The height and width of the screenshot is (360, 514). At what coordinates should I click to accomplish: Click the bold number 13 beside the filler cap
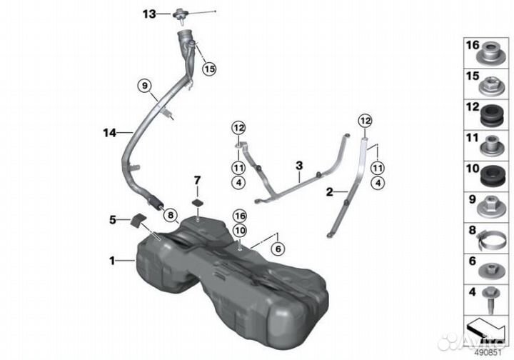[x=149, y=14]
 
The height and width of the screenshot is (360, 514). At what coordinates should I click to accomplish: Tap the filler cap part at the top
[x=181, y=15]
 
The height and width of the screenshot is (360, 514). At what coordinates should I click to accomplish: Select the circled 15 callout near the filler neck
[x=209, y=69]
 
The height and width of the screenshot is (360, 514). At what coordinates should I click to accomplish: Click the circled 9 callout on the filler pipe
[x=145, y=86]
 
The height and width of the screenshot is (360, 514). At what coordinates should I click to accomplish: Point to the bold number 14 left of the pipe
[x=110, y=133]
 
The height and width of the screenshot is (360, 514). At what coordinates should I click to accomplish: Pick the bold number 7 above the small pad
[x=197, y=180]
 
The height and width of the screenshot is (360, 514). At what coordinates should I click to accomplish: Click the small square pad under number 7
[x=198, y=203]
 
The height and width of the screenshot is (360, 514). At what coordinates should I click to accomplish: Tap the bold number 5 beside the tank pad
[x=113, y=220]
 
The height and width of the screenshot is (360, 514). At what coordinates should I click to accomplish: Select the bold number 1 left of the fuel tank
[x=113, y=261]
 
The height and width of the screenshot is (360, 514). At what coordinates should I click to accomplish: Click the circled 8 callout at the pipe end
[x=171, y=215]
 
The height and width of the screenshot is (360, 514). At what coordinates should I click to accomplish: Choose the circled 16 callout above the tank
[x=240, y=216]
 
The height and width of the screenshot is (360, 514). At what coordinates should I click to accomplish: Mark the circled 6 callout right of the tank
[x=278, y=249]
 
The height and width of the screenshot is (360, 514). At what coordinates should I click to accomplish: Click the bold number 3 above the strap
[x=299, y=166]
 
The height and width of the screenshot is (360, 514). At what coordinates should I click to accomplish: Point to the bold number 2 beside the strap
[x=329, y=191]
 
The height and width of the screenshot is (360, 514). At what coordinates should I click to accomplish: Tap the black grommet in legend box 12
[x=492, y=115]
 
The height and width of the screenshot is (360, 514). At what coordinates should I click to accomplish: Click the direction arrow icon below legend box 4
[x=486, y=329]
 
